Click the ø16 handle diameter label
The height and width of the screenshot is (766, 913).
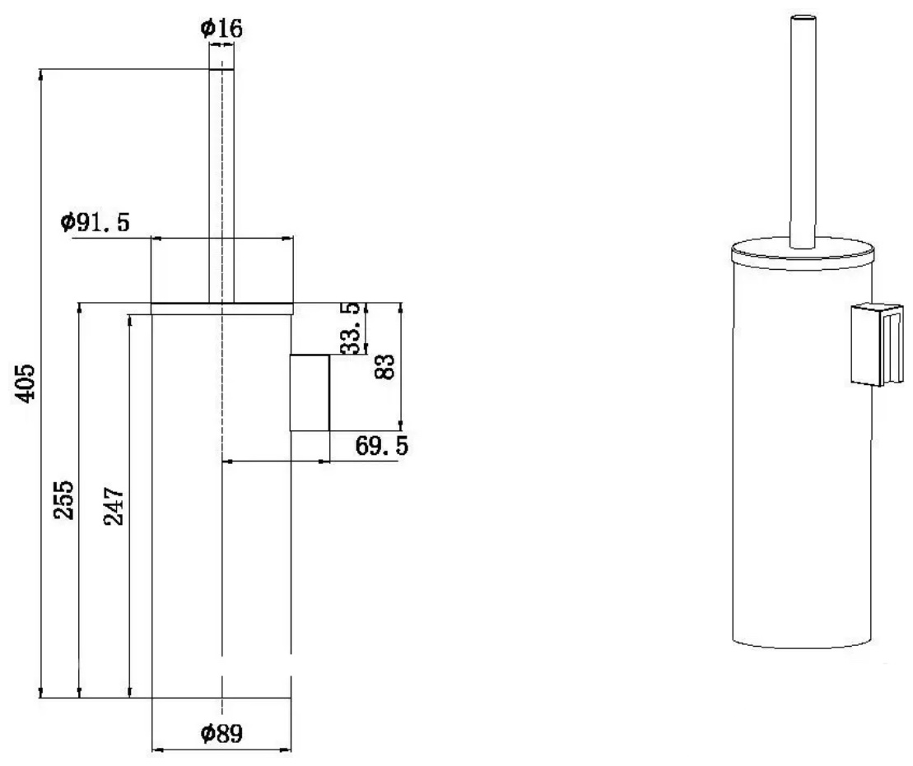coord(221,27)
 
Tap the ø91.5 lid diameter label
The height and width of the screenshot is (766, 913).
coord(95,222)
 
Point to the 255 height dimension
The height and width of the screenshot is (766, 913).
coord(64,500)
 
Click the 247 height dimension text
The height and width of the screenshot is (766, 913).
coord(114,506)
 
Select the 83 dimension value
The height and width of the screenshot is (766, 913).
coord(385,367)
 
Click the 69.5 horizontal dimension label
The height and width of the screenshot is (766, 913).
coord(382,446)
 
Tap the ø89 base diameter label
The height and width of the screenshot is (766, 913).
coord(221,733)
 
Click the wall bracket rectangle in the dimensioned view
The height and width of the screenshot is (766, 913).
coord(310,393)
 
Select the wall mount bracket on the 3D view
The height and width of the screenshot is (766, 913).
coord(877,345)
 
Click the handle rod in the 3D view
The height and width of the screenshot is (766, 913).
coord(803,131)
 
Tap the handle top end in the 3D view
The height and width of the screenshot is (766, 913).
coord(803,20)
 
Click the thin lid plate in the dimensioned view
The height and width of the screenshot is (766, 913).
coord(221,309)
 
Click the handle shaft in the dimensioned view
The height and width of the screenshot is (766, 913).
coord(221,186)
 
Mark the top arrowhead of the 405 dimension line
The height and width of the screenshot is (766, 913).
coord(41,74)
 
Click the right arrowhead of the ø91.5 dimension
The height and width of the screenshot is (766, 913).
coord(287,238)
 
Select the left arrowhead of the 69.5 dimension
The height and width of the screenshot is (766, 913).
coord(228,462)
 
